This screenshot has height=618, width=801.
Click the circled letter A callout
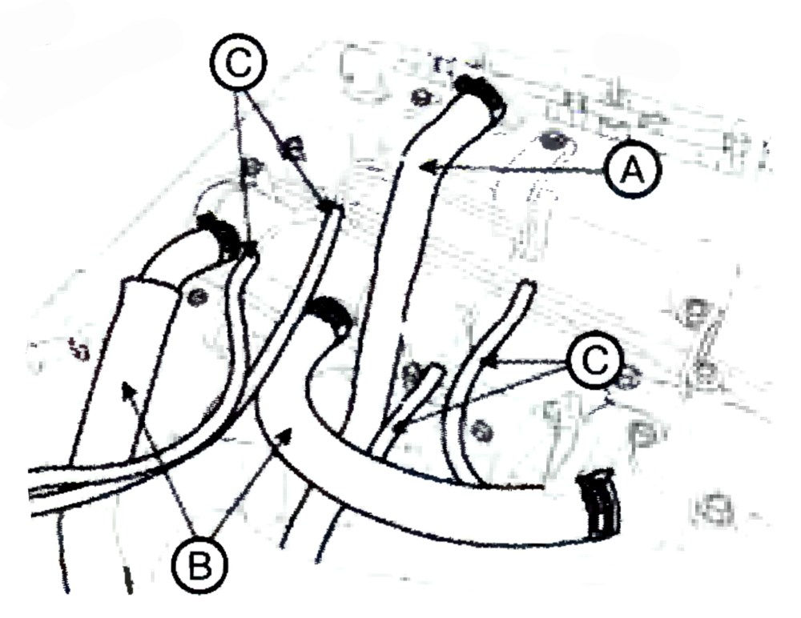tap(633, 169)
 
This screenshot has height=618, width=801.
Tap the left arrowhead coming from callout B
tap(127, 393)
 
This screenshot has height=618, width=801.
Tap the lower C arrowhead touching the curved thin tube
tap(489, 362)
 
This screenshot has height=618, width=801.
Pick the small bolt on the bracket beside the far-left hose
tap(195, 296)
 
